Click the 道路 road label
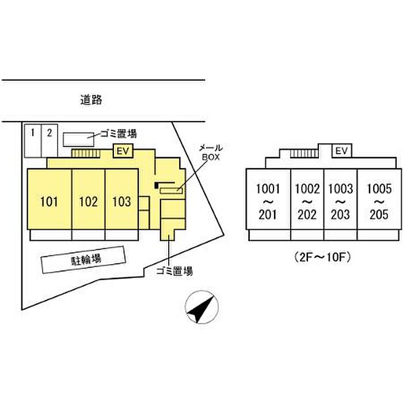(91, 100)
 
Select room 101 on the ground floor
(50, 201)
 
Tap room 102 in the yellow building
(88, 201)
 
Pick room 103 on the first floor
(121, 201)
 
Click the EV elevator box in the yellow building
(121, 151)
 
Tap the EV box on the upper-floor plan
(342, 151)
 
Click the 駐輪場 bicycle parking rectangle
(83, 260)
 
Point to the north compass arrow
(202, 308)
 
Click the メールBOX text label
(211, 152)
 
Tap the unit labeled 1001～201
(268, 201)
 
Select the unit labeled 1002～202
(307, 201)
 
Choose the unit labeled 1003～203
(340, 201)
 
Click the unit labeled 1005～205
(378, 201)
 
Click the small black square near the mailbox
(157, 185)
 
